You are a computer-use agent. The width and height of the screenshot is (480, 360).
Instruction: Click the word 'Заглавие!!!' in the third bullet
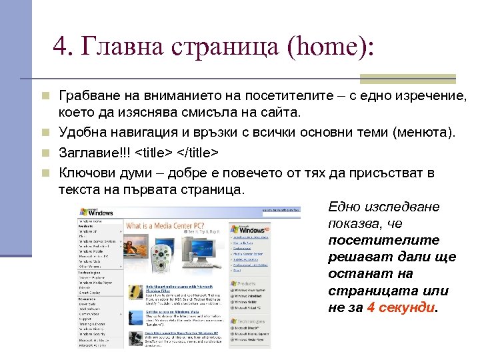[94, 153]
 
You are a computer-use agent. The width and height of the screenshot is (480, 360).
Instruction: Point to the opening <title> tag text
[155, 153]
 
